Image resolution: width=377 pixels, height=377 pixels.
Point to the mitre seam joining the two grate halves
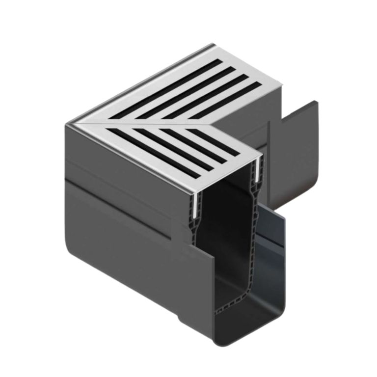pyautogui.click(x=147, y=123)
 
